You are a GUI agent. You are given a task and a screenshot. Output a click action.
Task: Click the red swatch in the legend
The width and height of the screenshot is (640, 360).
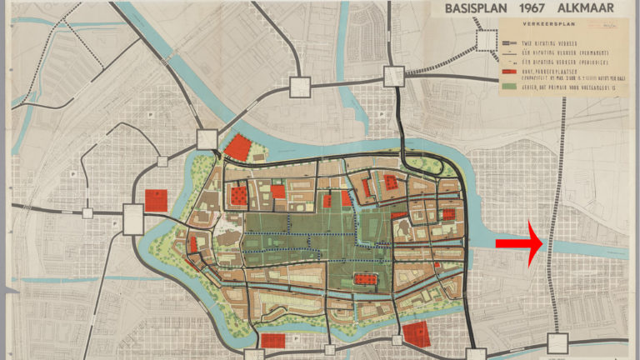point(509,74)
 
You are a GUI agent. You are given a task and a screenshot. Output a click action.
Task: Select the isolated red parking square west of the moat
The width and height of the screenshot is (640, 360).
point(156,200)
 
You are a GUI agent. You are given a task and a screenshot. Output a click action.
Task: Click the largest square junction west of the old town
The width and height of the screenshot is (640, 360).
point(133,219)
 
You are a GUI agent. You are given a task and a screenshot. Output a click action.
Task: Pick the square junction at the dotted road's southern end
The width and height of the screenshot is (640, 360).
point(556,342)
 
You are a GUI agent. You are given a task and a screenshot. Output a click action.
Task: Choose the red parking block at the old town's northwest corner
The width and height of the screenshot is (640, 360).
point(238,147)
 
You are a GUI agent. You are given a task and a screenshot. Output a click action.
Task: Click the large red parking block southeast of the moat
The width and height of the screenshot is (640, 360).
point(416,334)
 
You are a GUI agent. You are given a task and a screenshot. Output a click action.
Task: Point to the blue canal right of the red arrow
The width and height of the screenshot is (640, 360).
point(592,247)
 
